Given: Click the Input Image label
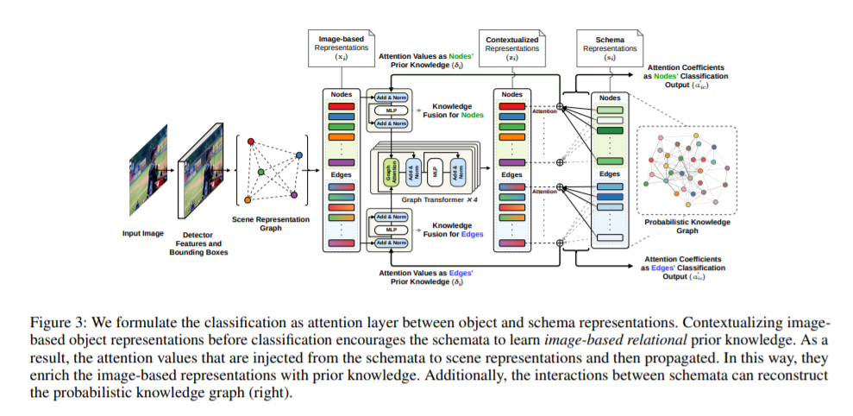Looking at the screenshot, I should tap(143, 233).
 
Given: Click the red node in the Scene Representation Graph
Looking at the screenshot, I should tap(250, 142).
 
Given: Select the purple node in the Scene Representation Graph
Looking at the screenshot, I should tap(294, 194).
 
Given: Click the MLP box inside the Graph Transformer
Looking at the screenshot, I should tap(437, 172).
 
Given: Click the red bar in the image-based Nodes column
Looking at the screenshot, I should tap(342, 106).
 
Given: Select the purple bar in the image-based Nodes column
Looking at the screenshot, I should tap(342, 162).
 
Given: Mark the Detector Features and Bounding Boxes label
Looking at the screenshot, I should tap(199, 246).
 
